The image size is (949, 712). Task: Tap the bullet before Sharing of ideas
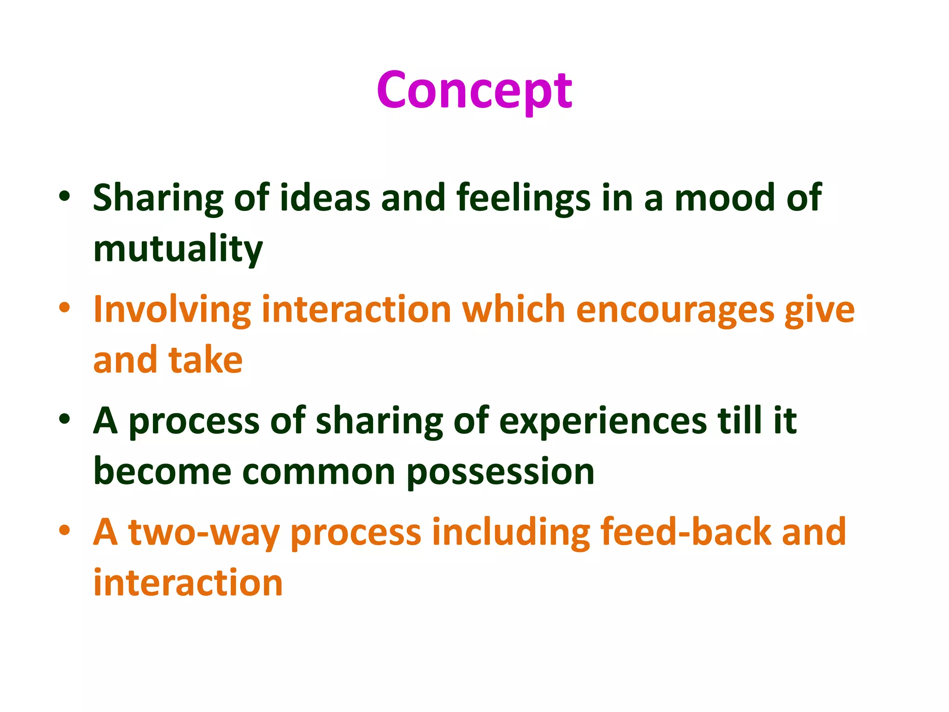coord(64,196)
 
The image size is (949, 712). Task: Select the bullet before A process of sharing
coord(64,419)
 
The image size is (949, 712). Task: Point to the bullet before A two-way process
coord(64,530)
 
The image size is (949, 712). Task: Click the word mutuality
coord(178,249)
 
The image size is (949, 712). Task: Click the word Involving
coord(172,310)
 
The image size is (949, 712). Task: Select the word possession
coord(500,472)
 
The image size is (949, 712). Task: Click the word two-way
coord(204,532)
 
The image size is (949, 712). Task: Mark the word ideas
coord(325,197)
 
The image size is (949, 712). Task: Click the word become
coord(162,471)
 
